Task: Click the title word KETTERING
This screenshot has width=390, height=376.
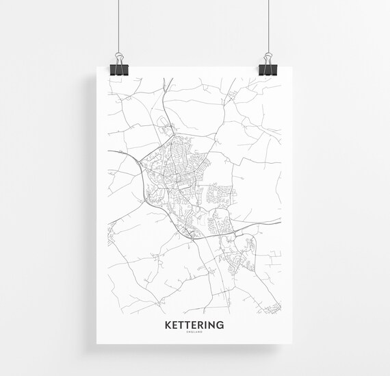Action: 194,324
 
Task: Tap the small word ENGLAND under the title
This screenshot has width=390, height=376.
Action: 194,333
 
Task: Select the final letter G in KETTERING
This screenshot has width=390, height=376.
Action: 220,324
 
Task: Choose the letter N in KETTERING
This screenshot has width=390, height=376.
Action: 212,324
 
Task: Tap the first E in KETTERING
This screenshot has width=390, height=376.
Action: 175,324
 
